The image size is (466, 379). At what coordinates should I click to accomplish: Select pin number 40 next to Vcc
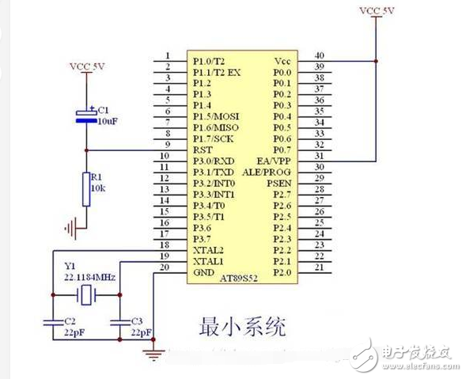point(320,55)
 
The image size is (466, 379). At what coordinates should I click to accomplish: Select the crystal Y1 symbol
point(88,296)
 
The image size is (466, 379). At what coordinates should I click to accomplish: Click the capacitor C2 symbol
point(53,322)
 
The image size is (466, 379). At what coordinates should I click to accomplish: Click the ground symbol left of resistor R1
point(72,229)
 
